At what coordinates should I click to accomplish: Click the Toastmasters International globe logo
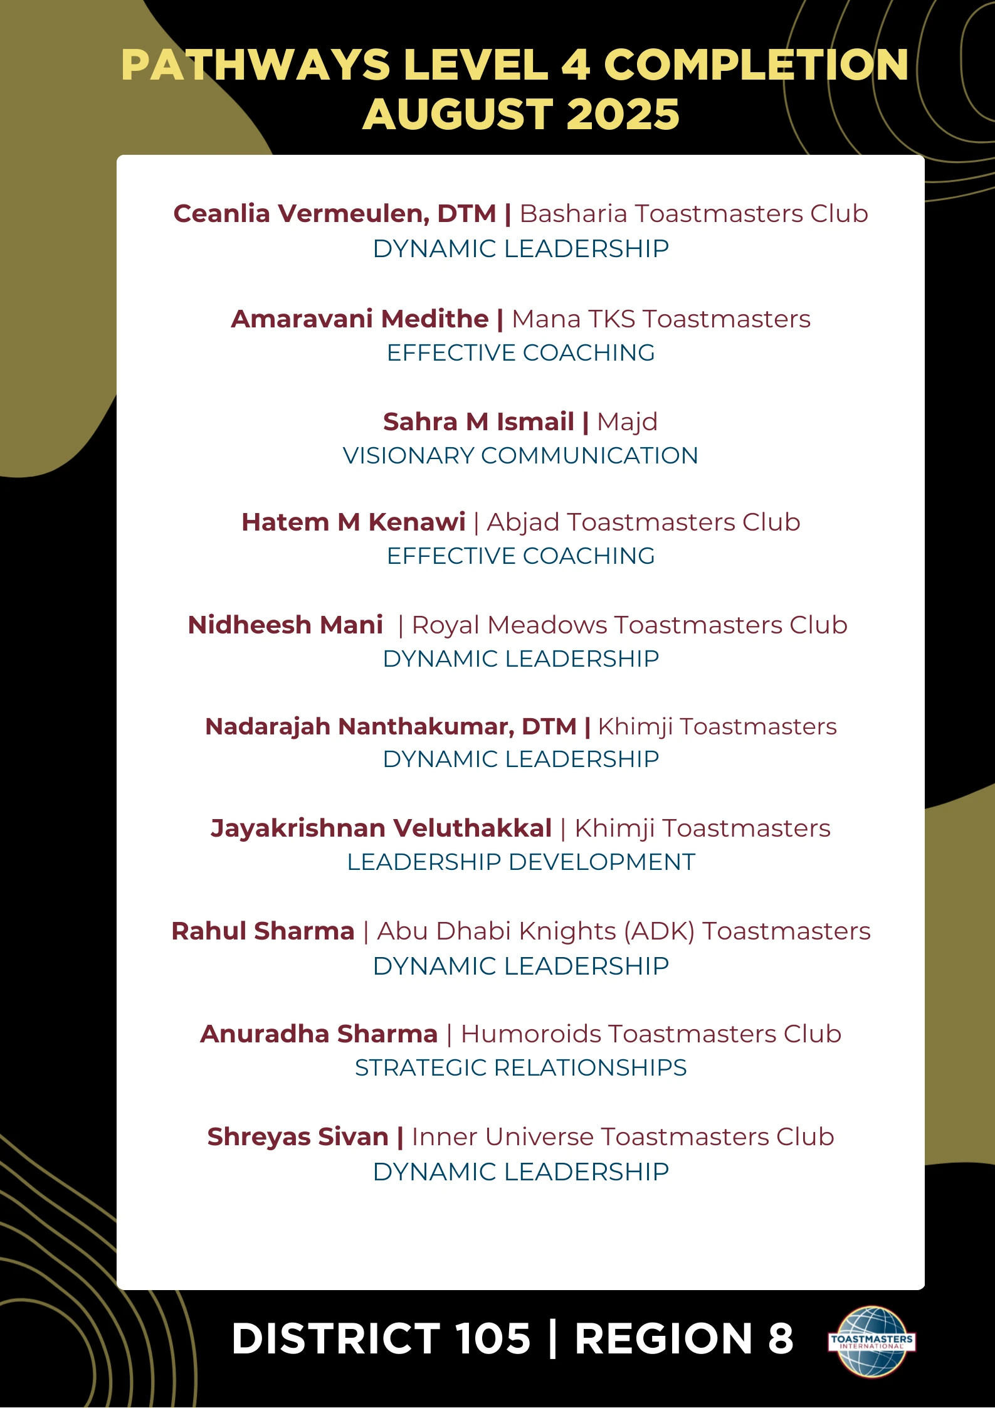tap(871, 1341)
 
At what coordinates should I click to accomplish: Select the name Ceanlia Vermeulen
tap(301, 214)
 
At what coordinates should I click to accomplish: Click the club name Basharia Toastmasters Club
tap(693, 214)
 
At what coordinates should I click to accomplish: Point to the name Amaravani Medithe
tap(359, 319)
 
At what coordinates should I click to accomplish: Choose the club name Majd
tap(627, 422)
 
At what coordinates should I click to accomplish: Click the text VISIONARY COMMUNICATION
tap(520, 456)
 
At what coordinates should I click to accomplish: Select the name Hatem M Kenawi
tap(353, 522)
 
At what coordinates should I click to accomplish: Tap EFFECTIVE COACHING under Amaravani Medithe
tap(520, 353)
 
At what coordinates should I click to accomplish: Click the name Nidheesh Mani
tap(285, 625)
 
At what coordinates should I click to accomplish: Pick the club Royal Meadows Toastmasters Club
tap(629, 625)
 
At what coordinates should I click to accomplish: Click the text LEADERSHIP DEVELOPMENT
tap(520, 862)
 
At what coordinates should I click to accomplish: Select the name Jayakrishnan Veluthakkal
tap(381, 828)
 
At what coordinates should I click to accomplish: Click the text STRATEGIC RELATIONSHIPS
tap(520, 1068)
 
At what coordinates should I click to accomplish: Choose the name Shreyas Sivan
tap(298, 1137)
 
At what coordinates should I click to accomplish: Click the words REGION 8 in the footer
tap(683, 1338)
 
